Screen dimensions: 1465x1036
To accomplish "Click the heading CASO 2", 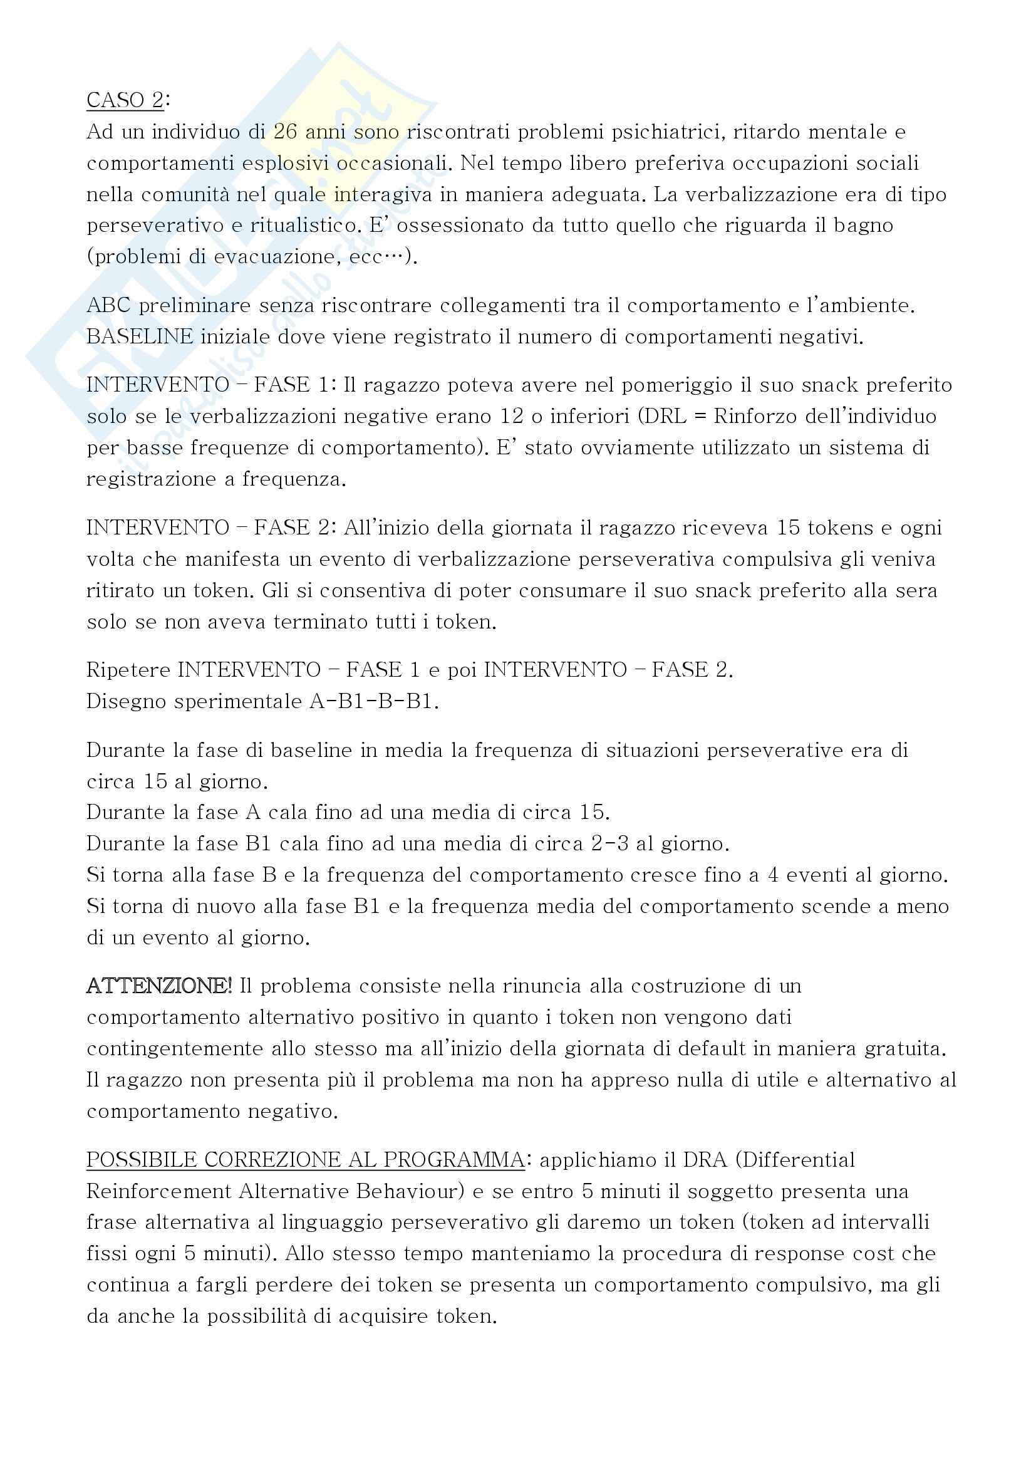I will [125, 101].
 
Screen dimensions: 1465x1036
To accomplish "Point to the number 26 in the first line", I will [286, 132].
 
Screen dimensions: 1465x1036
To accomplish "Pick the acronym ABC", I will [108, 306].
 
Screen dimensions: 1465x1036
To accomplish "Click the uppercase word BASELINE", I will [140, 337].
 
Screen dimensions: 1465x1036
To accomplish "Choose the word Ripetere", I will [128, 670].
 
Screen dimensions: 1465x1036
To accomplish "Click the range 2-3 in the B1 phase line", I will [610, 844].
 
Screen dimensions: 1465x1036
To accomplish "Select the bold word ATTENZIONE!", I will [160, 986].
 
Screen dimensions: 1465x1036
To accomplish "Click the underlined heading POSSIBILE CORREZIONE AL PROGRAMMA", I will [306, 1159].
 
